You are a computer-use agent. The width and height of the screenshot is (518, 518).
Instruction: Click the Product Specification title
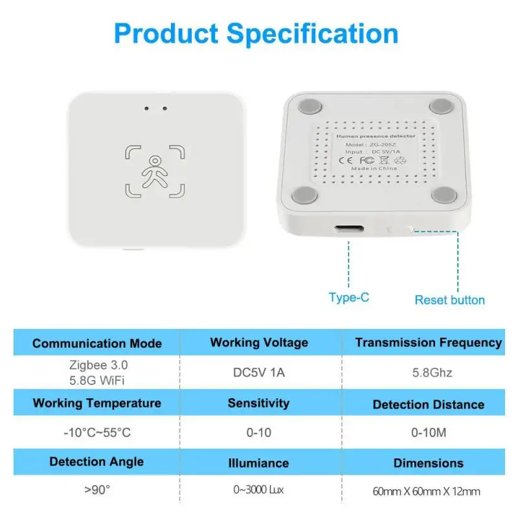(x=256, y=33)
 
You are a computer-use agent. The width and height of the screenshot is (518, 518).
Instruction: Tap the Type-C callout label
(x=350, y=297)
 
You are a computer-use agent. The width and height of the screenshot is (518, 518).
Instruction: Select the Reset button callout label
(x=449, y=300)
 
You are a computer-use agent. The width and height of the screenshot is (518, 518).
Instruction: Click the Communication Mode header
(x=97, y=343)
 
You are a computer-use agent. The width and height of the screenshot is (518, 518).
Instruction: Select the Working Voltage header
(x=259, y=343)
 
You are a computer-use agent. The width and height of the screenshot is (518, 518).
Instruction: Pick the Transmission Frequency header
(x=428, y=343)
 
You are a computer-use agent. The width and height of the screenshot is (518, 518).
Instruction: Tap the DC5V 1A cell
(x=259, y=373)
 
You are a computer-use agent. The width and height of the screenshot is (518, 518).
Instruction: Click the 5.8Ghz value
(x=428, y=373)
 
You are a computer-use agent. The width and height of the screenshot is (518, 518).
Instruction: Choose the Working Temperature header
(x=97, y=403)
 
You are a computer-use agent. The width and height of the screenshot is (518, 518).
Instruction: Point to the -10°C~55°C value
(x=97, y=432)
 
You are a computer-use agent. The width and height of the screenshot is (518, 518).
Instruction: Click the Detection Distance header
(x=428, y=405)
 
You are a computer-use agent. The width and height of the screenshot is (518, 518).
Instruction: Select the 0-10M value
(x=428, y=432)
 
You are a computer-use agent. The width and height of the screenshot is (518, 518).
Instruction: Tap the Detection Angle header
(x=97, y=462)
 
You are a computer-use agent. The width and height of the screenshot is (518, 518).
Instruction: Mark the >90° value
(x=97, y=490)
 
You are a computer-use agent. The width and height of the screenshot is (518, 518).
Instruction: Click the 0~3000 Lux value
(x=259, y=490)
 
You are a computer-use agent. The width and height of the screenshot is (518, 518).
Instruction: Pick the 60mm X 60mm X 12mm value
(x=428, y=491)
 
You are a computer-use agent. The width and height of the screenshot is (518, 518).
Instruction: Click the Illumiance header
(x=259, y=463)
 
